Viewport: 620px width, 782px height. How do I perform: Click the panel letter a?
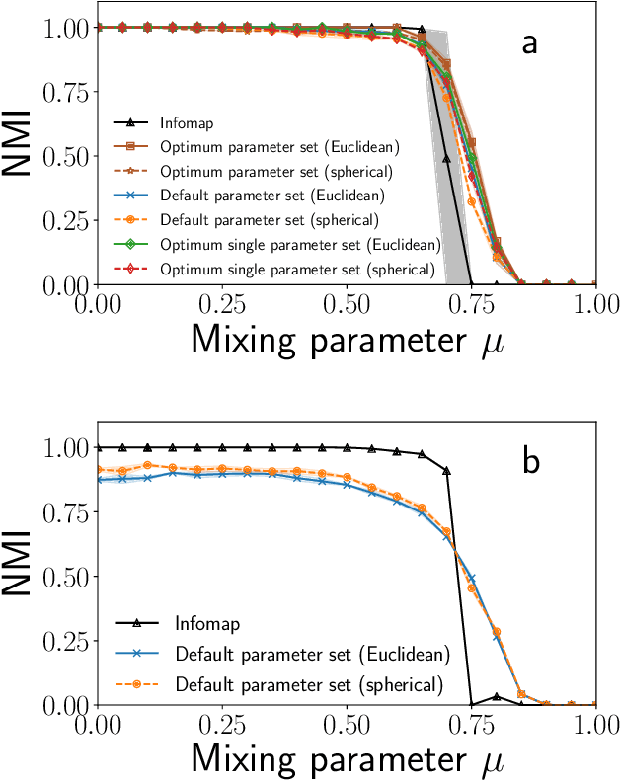[530, 45]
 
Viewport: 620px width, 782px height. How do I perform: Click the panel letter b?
[531, 462]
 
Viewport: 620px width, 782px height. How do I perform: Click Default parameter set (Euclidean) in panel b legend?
[312, 654]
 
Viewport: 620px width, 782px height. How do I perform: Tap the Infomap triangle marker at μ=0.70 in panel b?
[446, 471]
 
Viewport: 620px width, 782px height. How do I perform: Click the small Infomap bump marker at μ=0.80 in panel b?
[497, 696]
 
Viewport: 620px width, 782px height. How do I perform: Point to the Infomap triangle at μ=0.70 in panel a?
[446, 158]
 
